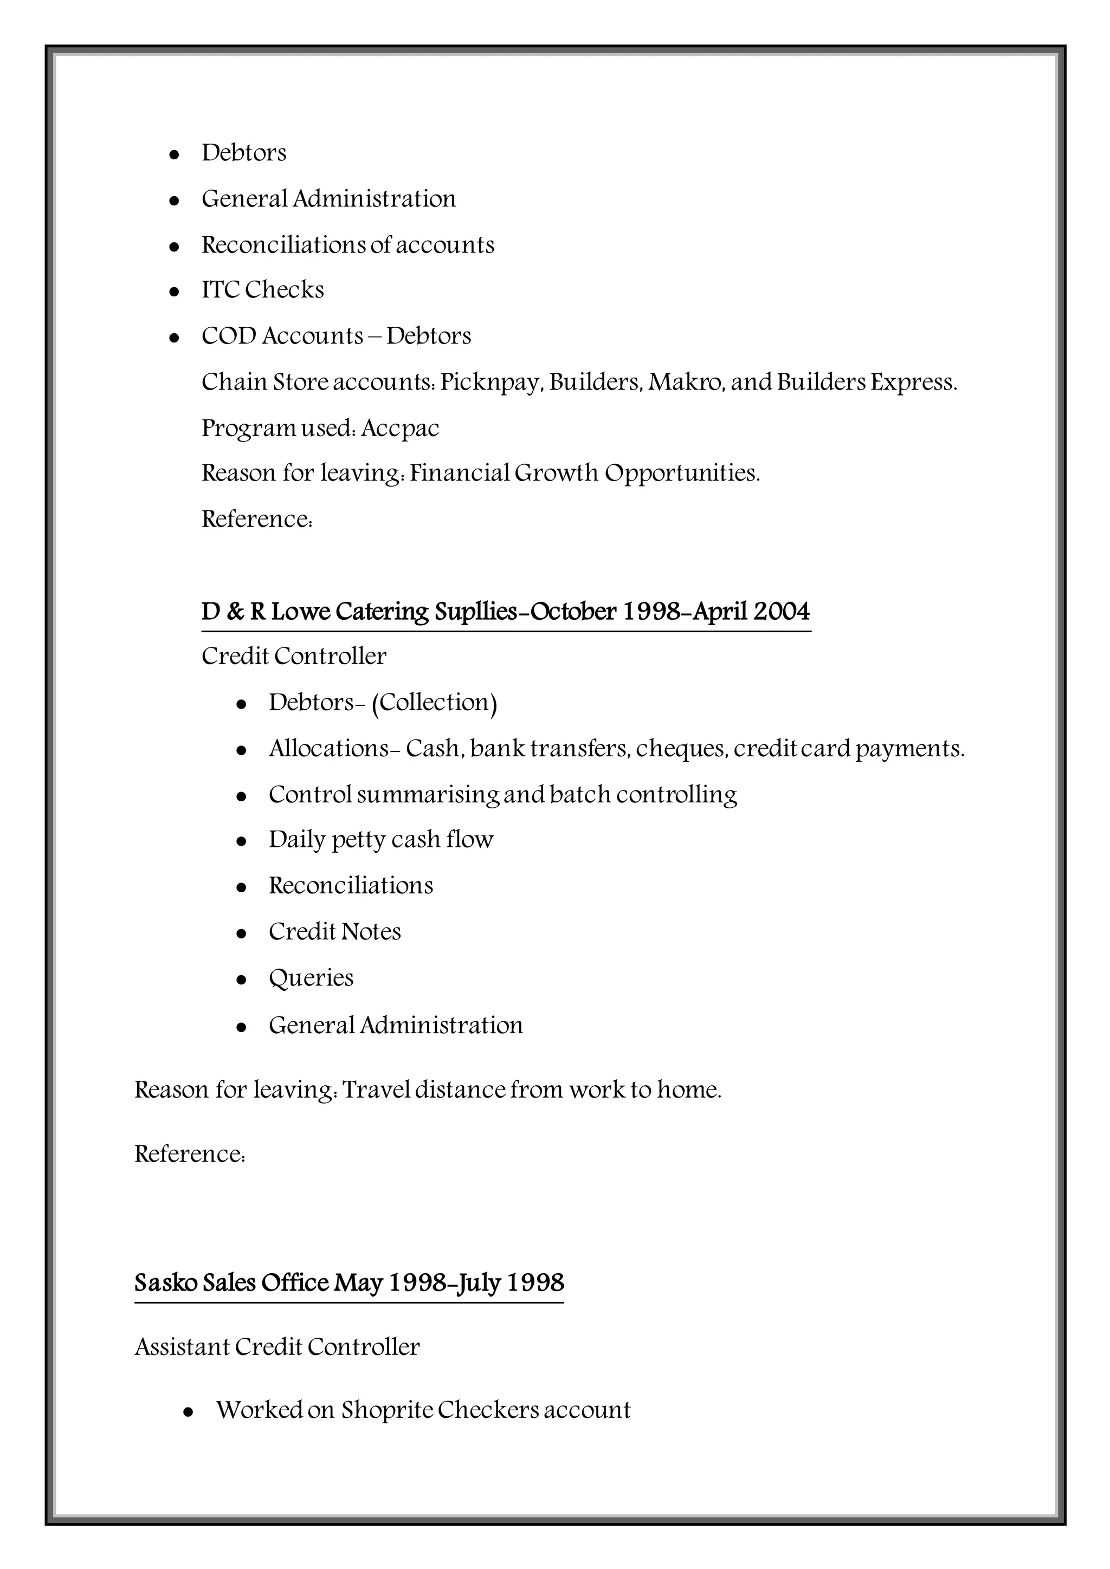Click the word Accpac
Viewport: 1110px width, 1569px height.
tap(400, 429)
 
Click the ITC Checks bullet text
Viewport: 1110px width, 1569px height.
tap(262, 290)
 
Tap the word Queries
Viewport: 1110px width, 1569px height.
tap(311, 978)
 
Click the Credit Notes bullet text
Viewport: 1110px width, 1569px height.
tap(334, 932)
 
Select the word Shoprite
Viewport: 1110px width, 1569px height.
tap(386, 1410)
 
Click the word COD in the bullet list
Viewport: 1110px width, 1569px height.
tap(228, 336)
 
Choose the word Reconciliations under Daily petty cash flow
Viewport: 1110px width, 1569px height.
tap(351, 886)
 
